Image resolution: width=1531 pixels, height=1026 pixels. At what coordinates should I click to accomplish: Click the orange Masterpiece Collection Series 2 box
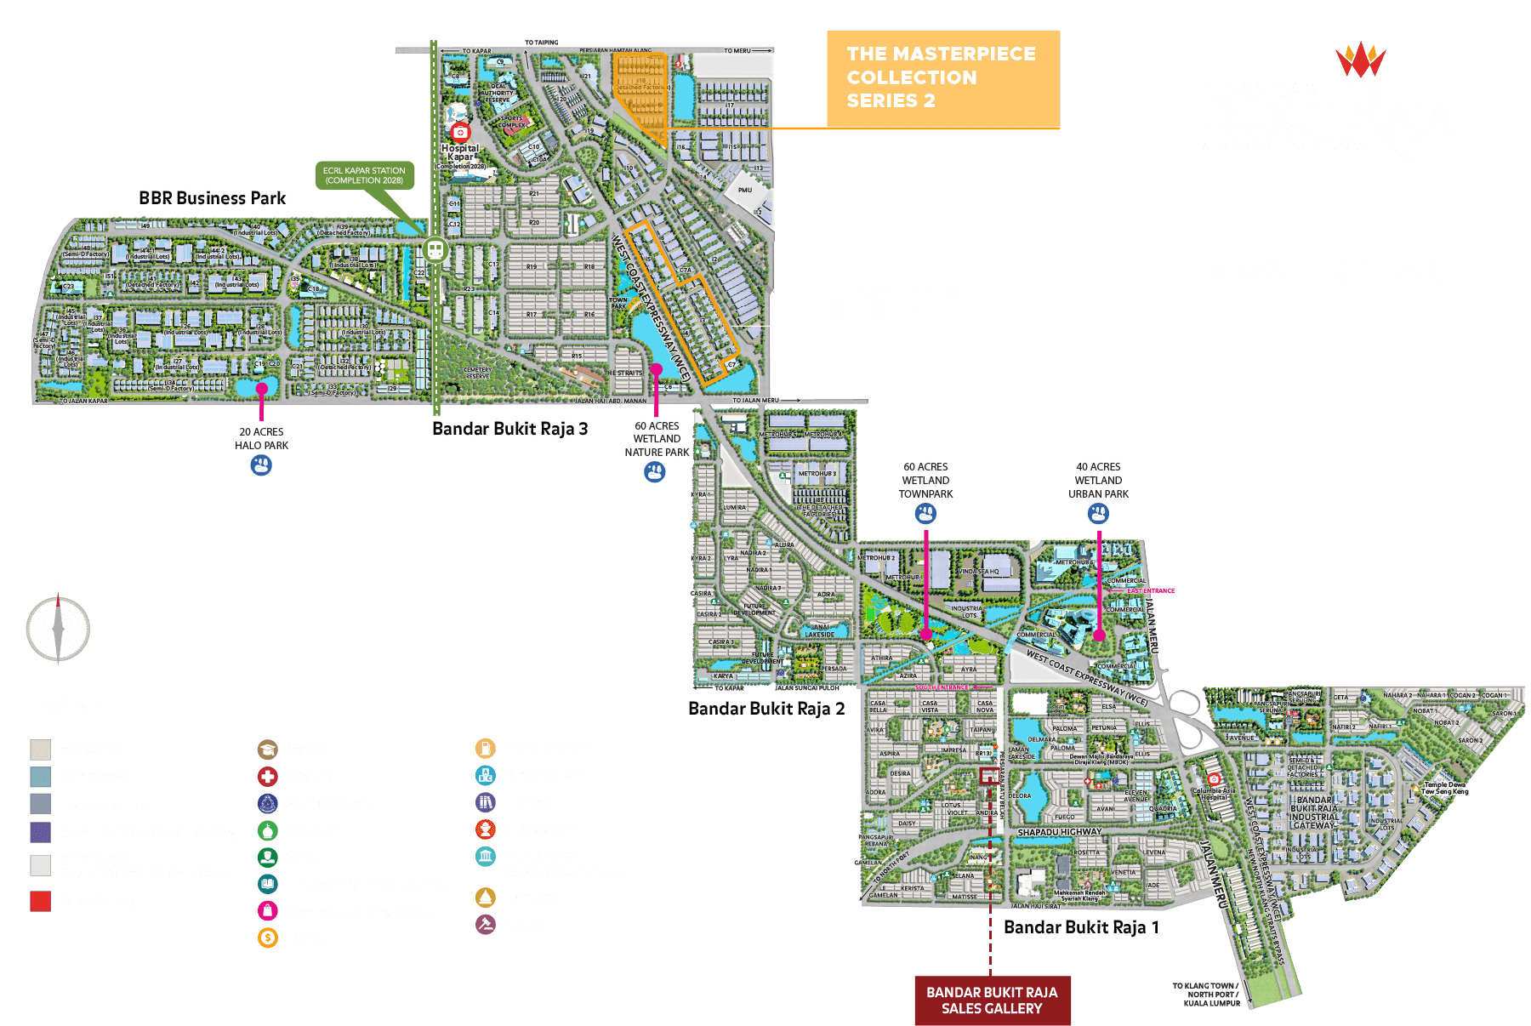tap(942, 79)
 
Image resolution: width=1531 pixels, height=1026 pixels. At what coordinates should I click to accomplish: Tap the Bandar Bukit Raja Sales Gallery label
tap(992, 1000)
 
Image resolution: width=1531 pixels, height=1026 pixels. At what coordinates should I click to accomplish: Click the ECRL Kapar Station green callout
tap(364, 175)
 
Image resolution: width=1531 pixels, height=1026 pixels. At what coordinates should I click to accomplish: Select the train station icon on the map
tap(435, 250)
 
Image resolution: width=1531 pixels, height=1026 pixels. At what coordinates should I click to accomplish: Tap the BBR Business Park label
tap(213, 198)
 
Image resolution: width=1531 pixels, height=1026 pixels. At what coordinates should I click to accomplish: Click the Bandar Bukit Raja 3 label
tap(509, 429)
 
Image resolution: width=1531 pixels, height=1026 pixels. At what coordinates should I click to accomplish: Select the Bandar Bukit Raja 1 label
tap(1081, 927)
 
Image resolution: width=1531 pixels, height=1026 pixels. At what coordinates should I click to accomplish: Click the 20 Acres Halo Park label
tap(262, 438)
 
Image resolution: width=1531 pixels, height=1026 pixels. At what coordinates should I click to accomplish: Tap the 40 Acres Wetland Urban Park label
tap(1098, 481)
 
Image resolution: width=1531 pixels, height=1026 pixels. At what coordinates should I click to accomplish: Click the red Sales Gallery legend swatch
tap(40, 901)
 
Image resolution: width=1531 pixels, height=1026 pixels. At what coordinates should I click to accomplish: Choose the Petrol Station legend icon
tap(485, 749)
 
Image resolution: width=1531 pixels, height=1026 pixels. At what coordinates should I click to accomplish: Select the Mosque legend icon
tap(268, 830)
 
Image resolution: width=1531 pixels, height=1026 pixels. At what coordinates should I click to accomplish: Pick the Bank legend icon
tap(268, 938)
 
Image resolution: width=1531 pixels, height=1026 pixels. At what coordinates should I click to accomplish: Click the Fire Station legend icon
tap(485, 829)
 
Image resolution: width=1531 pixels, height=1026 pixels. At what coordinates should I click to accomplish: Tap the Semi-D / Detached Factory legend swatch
tap(40, 832)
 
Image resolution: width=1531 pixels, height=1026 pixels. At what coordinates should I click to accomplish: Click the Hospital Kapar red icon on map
tap(460, 132)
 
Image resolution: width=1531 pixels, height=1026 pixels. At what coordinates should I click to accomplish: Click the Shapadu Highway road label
tap(1059, 832)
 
